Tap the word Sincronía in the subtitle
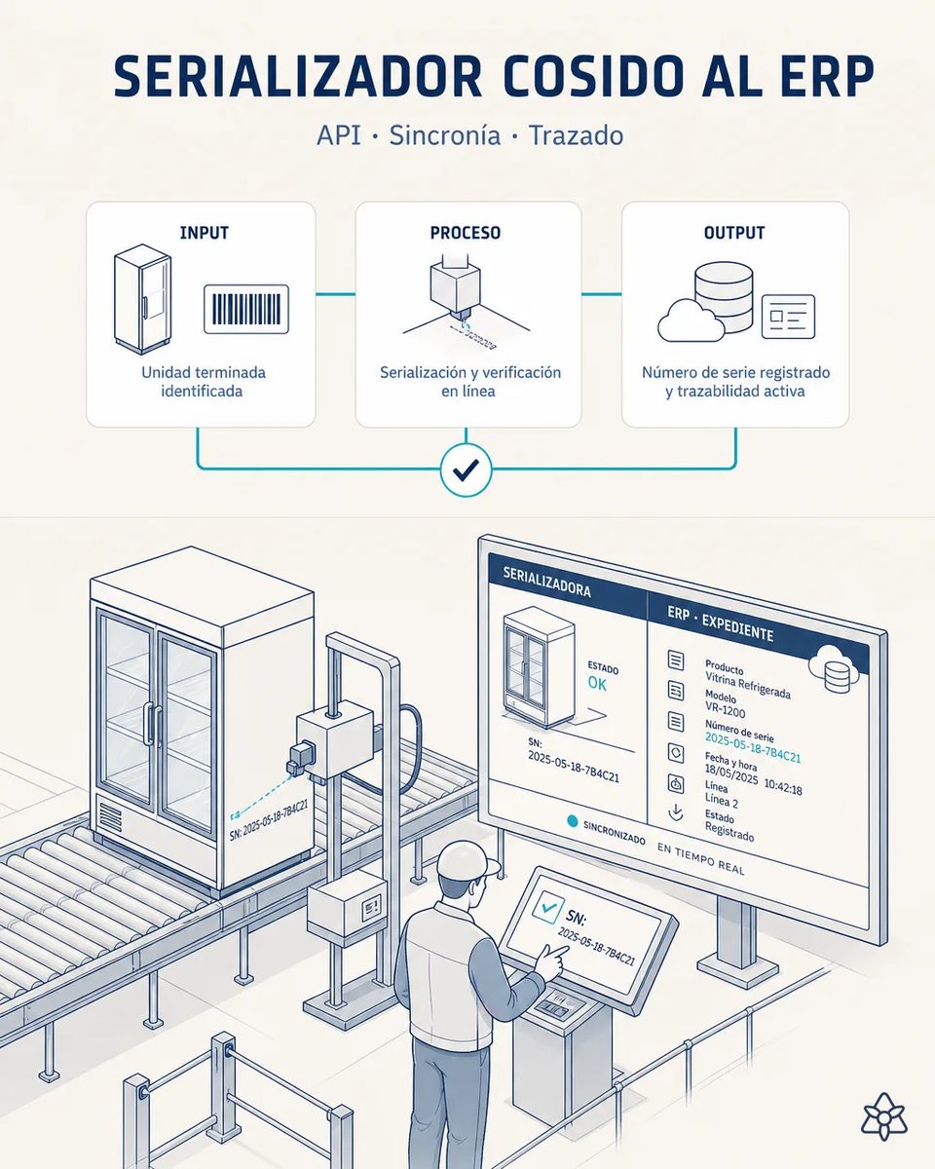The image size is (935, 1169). click(444, 134)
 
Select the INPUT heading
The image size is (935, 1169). click(205, 233)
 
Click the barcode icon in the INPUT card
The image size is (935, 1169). click(246, 309)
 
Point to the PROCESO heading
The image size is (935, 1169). click(465, 233)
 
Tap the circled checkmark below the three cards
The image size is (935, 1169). click(467, 470)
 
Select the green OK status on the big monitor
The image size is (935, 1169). click(597, 683)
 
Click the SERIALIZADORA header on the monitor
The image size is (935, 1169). click(546, 582)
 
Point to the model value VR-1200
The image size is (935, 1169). click(725, 709)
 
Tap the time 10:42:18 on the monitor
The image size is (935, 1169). click(783, 785)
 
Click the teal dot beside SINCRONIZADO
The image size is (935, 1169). click(572, 821)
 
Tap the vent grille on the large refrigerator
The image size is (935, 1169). click(110, 816)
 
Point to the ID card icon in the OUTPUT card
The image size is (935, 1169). click(788, 317)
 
